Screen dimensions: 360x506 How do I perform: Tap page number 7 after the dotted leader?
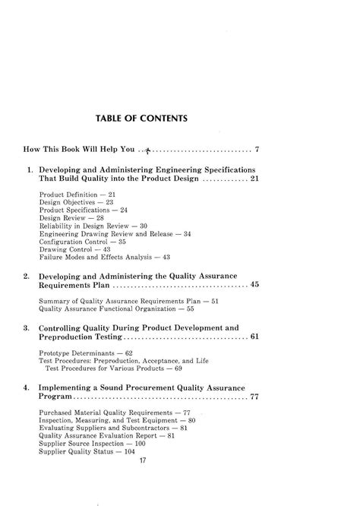[x=257, y=149]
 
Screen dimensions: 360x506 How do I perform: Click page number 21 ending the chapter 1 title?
[x=255, y=179]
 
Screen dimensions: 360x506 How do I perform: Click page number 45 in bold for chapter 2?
[x=255, y=286]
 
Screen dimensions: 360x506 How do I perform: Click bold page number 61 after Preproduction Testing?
[x=255, y=337]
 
